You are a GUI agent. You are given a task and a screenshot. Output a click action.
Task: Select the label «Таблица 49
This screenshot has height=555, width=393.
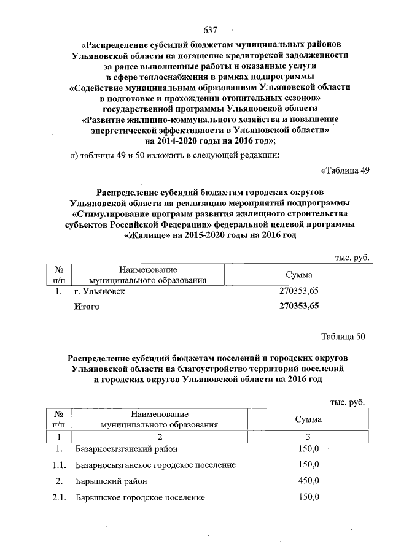[345, 170]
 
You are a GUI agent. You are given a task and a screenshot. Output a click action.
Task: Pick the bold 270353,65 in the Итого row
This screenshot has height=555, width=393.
[299, 305]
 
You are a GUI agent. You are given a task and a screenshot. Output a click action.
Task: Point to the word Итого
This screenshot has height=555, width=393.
[86, 305]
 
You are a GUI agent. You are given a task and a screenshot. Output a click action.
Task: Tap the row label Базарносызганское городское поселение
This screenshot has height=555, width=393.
[155, 465]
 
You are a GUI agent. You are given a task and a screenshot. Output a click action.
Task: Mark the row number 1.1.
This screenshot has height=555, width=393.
[59, 465]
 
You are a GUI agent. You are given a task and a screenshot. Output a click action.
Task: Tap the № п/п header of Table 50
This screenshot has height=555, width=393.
[59, 419]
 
